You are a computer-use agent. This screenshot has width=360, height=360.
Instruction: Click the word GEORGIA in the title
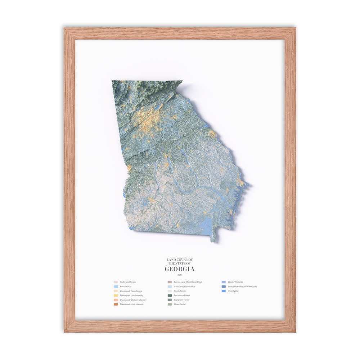180,269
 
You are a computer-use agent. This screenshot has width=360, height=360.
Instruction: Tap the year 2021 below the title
180,275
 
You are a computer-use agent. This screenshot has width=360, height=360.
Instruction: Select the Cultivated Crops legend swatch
116,282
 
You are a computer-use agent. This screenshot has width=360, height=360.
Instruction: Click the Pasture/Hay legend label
127,287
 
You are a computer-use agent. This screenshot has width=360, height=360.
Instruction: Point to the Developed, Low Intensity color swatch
116,295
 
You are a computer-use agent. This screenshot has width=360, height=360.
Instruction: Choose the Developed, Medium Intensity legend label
133,300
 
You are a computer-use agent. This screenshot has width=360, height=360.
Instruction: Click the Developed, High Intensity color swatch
116,304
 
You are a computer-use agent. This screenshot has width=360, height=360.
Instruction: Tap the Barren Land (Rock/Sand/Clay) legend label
188,282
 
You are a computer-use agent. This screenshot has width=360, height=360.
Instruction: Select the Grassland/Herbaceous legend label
184,287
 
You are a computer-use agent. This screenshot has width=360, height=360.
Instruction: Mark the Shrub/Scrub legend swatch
169,291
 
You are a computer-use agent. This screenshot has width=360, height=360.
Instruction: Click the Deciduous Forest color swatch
169,295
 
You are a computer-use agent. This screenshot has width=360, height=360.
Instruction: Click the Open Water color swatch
224,291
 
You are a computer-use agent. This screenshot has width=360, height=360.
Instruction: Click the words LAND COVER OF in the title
180,260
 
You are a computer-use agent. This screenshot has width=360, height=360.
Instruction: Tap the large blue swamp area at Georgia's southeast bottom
204,225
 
